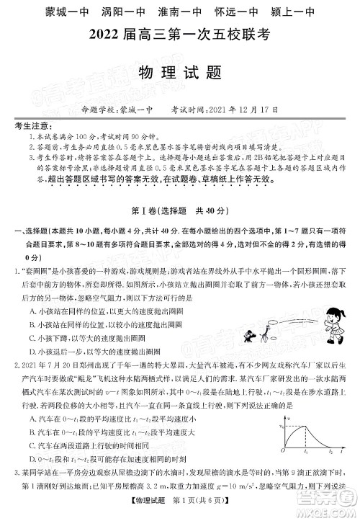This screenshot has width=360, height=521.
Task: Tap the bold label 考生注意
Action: (30, 126)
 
